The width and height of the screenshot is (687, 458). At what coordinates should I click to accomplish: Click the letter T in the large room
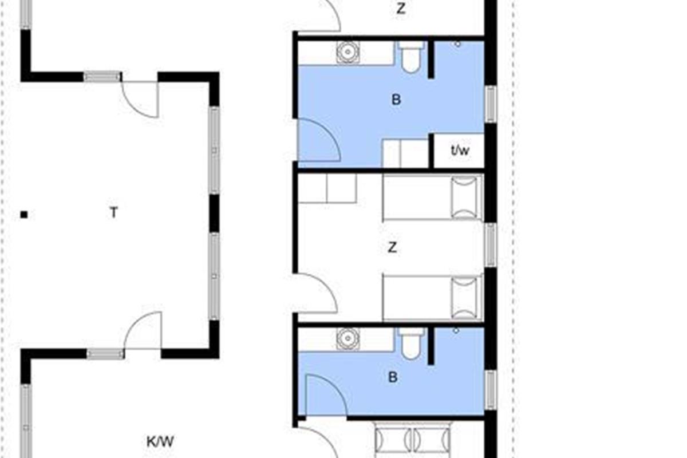[x=114, y=212]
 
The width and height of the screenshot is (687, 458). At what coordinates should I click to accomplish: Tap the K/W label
[x=160, y=442]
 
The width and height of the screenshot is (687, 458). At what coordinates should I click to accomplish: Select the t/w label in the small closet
[x=460, y=151]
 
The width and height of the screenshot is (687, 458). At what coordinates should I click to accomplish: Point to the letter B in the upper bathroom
[x=396, y=100]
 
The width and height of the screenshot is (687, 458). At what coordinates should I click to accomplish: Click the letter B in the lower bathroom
[x=393, y=377]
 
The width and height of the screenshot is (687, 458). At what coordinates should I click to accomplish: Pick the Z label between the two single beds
[x=392, y=247]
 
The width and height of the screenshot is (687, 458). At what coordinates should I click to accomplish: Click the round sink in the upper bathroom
[x=348, y=53]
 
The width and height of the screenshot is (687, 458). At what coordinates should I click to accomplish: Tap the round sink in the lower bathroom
[x=348, y=339]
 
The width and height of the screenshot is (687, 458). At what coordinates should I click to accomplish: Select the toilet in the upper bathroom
[x=411, y=57]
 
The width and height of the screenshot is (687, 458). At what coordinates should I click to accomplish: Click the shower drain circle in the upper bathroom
[x=457, y=44]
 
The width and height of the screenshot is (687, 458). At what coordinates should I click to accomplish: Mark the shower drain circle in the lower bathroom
[x=456, y=331]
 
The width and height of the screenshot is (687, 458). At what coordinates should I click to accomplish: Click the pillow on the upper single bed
[x=464, y=198]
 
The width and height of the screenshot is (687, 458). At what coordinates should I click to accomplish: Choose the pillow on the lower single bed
[x=464, y=298]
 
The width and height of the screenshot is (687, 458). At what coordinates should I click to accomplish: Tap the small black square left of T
[x=24, y=215]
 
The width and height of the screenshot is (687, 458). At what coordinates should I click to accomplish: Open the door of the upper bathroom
[x=319, y=140]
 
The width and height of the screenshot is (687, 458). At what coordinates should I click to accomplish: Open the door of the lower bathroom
[x=326, y=395]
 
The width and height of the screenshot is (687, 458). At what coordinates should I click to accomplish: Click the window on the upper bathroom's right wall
[x=491, y=104]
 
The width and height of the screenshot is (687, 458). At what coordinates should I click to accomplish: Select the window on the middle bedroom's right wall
[x=491, y=245]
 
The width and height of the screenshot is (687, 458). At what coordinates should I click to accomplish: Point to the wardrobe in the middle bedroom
[x=327, y=188]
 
